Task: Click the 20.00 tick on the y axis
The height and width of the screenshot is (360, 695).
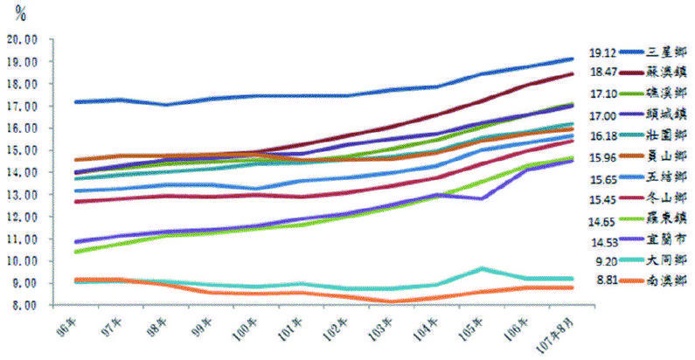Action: pyautogui.click(x=23, y=40)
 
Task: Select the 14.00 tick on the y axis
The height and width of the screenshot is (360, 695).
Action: pyautogui.click(x=23, y=173)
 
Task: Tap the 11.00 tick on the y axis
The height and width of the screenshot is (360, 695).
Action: pyautogui.click(x=23, y=239)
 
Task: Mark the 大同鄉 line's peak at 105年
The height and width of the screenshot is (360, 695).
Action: pyautogui.click(x=483, y=268)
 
